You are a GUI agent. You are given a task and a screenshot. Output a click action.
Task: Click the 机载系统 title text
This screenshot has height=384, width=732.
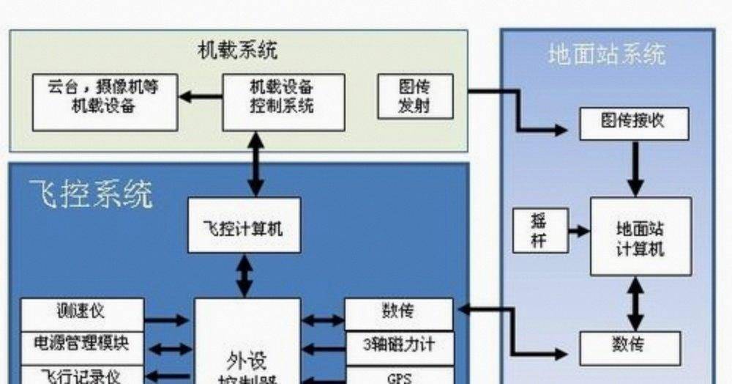pos(238,51)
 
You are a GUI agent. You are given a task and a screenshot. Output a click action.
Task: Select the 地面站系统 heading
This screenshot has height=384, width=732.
pos(607,55)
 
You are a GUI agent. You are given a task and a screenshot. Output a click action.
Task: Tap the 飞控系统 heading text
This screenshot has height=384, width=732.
pos(91,194)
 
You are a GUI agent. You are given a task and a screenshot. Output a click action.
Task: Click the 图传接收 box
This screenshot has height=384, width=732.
pos(634,122)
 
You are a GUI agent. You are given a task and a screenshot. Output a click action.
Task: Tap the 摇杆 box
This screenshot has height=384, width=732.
pos(539,230)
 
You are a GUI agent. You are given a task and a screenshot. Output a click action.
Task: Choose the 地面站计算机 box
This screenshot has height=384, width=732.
pos(640,236)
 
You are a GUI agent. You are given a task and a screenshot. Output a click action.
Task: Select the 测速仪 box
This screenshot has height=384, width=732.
pos(81,312)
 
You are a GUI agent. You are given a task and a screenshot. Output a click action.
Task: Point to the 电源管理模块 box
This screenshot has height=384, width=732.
pos(81,343)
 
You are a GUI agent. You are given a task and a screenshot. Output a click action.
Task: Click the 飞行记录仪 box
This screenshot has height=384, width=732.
pos(81,374)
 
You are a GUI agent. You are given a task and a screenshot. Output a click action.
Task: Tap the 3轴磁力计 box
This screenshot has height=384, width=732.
pos(399,344)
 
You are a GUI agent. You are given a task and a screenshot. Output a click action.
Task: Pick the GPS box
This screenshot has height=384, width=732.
pos(399,377)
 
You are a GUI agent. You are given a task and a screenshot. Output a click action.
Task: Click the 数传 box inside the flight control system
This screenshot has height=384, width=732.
pos(399,312)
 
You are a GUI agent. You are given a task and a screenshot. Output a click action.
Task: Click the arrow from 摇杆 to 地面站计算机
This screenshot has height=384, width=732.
pos(578,231)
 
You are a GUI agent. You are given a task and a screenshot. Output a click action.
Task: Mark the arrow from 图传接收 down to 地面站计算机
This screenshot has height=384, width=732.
pos(635,168)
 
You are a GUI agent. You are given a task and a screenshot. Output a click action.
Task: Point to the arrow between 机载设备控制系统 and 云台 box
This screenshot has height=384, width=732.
pos(201,95)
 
